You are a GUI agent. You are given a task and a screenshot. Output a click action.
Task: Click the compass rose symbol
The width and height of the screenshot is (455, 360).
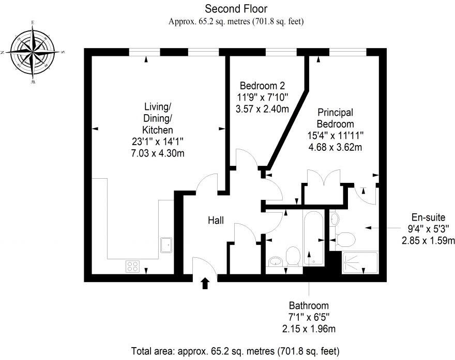(33, 52)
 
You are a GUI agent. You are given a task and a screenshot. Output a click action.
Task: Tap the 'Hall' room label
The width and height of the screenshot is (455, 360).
(216, 221)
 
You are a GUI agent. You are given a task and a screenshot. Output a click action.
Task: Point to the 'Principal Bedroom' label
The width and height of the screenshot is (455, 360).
(335, 118)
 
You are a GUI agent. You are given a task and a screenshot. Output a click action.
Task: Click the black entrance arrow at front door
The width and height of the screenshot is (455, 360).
(205, 283)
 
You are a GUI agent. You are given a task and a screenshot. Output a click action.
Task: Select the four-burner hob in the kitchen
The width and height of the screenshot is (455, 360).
(133, 266)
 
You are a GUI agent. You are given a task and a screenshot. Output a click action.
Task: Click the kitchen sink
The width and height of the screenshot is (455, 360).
(166, 244)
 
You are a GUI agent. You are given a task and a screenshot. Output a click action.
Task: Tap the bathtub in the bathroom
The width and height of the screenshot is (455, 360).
(314, 238)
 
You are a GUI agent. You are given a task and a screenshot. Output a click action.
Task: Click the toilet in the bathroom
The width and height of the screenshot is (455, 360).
(293, 255)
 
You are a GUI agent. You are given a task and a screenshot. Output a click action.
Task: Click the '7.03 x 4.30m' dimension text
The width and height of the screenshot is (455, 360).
(158, 153)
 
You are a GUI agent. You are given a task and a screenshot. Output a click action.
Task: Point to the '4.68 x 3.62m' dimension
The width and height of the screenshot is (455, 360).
(335, 147)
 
